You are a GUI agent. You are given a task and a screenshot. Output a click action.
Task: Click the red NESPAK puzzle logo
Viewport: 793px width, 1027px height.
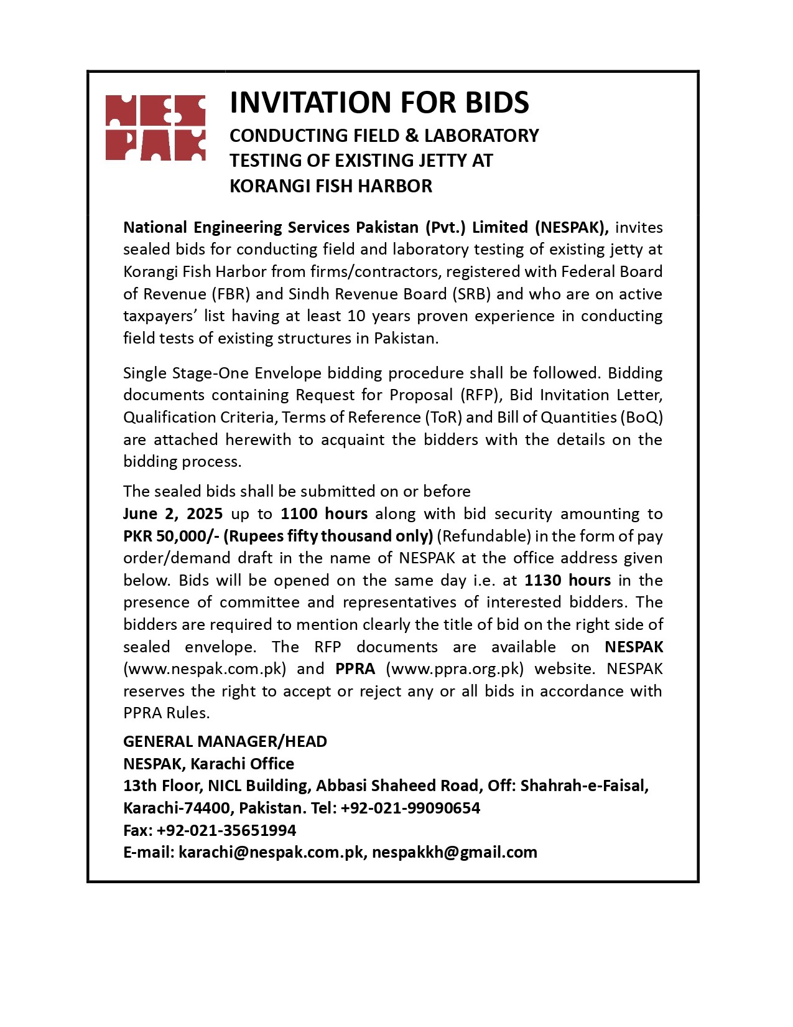155,128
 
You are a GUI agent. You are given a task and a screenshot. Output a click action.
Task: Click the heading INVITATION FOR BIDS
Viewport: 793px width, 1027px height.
379,103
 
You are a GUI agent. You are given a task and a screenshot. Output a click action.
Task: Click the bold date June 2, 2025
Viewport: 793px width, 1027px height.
173,513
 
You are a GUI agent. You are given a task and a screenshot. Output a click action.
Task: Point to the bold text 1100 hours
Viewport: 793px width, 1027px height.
323,513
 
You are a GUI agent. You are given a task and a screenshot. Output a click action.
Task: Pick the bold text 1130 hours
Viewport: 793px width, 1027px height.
567,580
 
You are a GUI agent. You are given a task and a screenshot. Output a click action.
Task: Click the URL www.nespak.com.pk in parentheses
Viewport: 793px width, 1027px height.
205,669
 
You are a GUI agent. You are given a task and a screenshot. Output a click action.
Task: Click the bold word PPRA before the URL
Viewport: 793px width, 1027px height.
355,669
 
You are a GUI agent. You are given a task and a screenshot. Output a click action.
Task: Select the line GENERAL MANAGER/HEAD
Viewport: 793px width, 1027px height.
225,741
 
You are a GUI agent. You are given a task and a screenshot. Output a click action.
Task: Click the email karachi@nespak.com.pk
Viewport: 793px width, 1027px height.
271,852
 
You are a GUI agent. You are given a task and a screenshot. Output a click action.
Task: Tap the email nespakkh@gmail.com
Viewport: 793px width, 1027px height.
455,852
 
